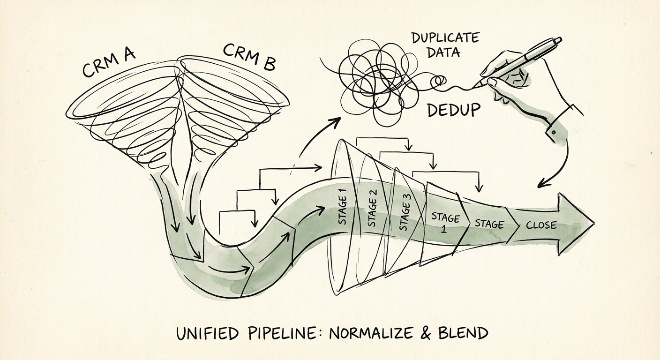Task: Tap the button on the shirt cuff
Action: [554, 132]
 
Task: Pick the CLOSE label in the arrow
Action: [541, 225]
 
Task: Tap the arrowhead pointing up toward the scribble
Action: [335, 122]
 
